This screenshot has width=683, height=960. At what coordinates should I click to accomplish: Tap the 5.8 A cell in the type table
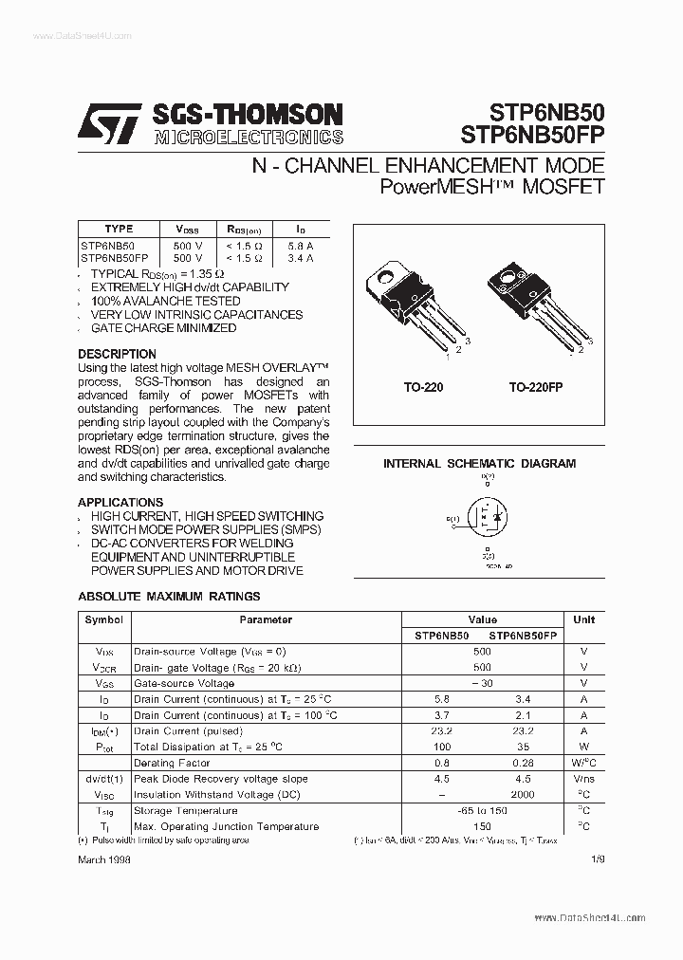tap(301, 245)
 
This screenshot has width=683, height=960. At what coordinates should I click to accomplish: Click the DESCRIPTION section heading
tap(117, 354)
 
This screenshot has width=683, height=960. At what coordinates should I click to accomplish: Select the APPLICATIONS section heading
tap(120, 502)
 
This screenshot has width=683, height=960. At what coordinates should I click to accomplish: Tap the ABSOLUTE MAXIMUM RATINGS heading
tap(168, 597)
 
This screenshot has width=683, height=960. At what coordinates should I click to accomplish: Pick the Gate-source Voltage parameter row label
tap(184, 683)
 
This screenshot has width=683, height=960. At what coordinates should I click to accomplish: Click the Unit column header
tap(584, 619)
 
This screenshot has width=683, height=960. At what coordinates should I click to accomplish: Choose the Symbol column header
tap(103, 619)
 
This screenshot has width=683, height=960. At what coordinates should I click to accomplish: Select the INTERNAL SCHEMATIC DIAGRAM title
tap(479, 464)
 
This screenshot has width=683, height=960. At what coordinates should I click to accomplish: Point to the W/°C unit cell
tap(584, 764)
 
